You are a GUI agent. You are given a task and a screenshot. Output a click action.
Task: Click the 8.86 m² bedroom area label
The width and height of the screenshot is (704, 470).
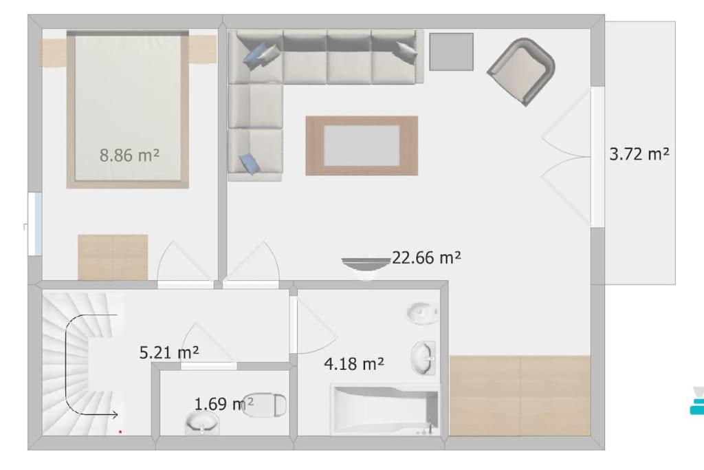coord(129,156)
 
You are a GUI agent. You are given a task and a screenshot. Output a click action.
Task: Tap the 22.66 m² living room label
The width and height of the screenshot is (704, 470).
coord(426,257)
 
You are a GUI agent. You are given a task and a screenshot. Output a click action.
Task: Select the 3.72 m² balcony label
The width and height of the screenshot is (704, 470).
coord(639,154)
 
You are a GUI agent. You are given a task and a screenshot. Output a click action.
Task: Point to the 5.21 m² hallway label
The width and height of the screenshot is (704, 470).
coord(169,353)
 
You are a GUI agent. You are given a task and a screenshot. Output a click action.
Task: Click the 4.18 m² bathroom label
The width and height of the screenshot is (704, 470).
coord(354,363)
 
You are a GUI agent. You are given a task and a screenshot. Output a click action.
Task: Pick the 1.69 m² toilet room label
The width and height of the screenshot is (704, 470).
coord(223,403)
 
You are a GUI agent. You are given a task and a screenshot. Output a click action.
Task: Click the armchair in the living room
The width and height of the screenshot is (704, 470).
coord(521,72)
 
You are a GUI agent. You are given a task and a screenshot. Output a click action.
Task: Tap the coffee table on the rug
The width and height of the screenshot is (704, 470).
coord(362,146)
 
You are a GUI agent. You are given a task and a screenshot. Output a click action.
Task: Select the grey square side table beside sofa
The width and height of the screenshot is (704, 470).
coord(451,52)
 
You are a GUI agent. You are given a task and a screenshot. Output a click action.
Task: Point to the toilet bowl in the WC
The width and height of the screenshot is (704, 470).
coord(265,405)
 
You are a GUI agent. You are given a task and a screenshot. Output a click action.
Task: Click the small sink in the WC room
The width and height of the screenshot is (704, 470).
coord(202,423)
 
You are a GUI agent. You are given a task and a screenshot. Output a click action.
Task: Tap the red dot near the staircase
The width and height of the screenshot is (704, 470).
coord(120,431)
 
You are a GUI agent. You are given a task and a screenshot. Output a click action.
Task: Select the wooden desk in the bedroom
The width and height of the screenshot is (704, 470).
coord(113,257)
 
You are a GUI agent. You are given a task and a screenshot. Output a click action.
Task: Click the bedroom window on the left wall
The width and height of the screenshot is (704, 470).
coord(35,224)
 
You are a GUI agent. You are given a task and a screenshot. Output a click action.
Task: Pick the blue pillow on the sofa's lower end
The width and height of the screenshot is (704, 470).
coord(249,163)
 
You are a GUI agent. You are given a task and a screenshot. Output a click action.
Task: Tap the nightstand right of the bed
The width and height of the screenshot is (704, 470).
coord(202,50)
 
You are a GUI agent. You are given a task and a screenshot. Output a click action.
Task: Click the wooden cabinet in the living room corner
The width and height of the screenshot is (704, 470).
coord(520,396)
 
